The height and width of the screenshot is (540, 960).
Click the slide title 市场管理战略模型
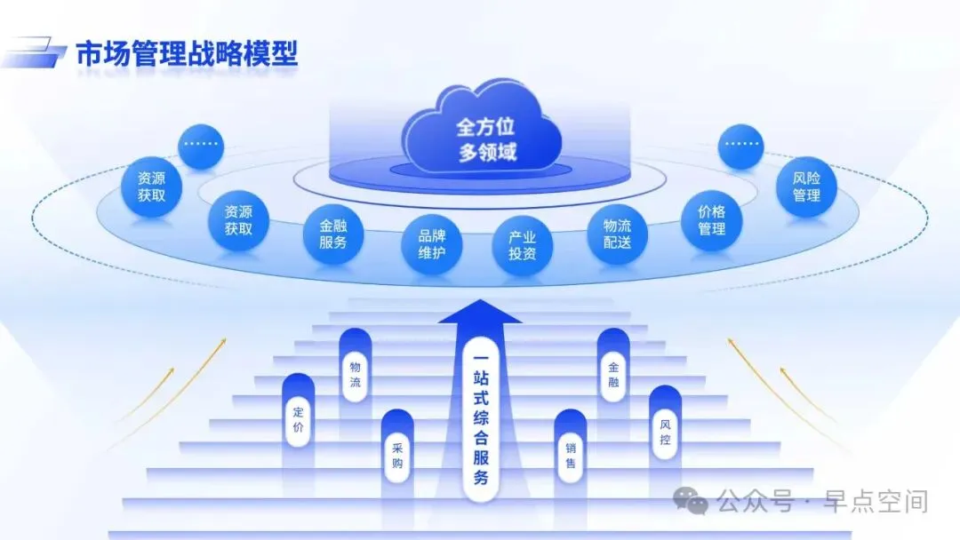point(186,55)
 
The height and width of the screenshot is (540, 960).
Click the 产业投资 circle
point(522,245)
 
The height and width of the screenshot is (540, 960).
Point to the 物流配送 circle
point(617,234)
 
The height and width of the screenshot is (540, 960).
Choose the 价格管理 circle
point(711,220)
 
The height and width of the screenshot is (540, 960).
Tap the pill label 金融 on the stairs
point(613,377)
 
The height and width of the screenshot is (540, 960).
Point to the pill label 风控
point(665,433)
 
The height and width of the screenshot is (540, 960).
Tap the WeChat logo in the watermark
point(691,501)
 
